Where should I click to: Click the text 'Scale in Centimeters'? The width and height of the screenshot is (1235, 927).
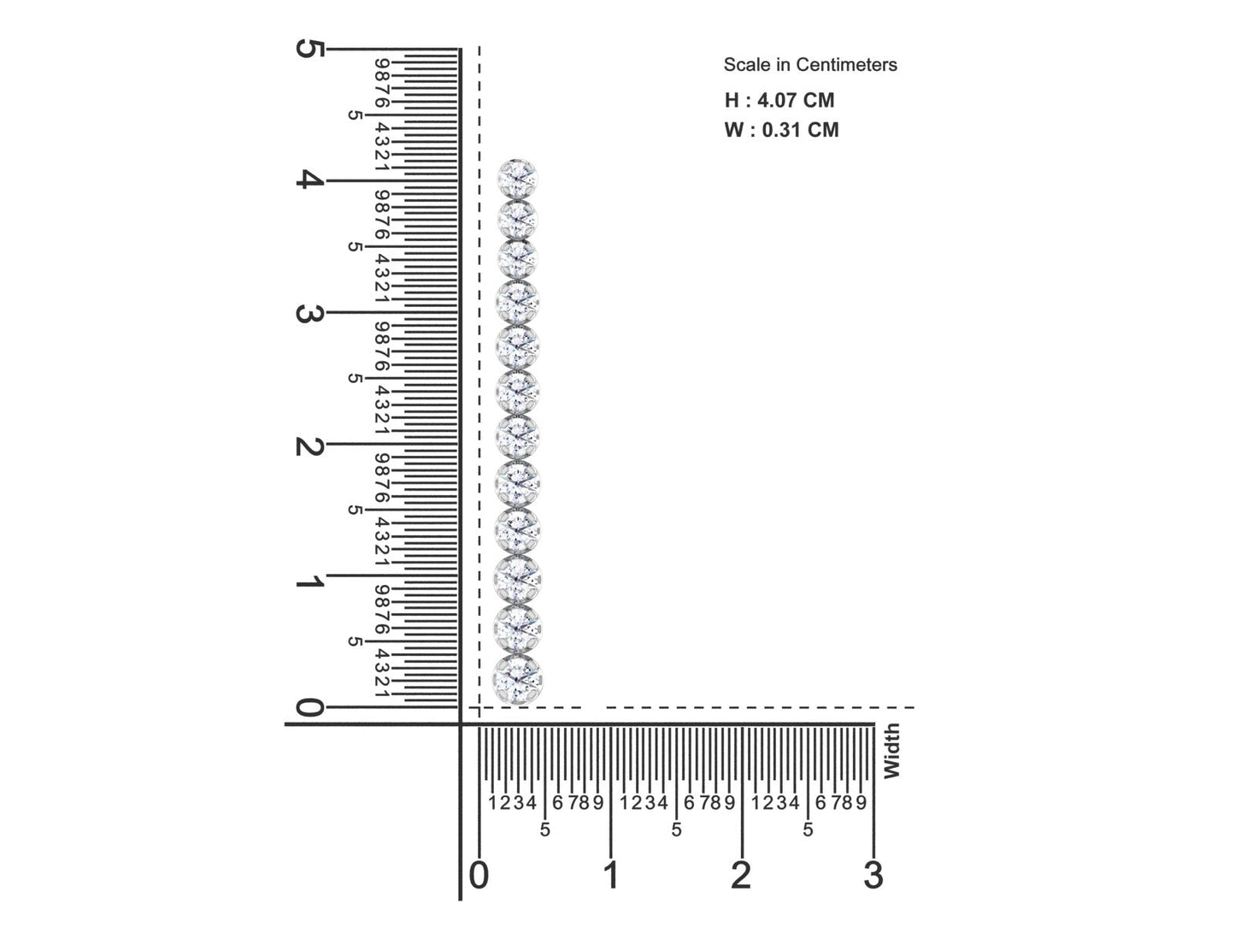click(x=809, y=65)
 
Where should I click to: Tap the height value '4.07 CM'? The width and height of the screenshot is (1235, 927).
click(x=796, y=100)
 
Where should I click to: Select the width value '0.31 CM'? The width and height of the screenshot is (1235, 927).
click(x=800, y=130)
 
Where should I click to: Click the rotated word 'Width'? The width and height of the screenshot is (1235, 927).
click(x=891, y=751)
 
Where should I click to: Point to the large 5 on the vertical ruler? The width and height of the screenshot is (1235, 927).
click(x=309, y=49)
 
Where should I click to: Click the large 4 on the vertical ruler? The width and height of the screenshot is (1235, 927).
click(x=309, y=180)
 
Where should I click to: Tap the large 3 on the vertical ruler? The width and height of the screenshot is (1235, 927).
click(x=309, y=313)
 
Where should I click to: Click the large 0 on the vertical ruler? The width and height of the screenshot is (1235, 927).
click(x=309, y=707)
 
